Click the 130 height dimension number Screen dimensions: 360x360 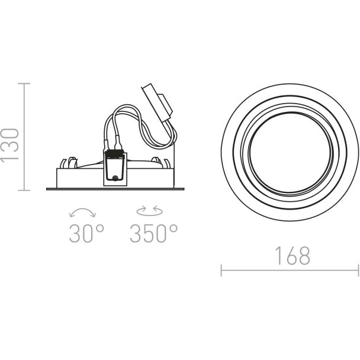[9, 146]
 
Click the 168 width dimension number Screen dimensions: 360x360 [292, 256]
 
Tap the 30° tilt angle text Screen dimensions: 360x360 [86, 233]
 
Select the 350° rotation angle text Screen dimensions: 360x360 [153, 233]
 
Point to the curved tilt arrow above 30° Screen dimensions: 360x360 [82, 210]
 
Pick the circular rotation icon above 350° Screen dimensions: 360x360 [150, 211]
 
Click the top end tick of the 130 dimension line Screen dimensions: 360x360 [24, 83]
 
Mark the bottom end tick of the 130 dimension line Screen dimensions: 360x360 [24, 190]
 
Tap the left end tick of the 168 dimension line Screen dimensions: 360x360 [221, 270]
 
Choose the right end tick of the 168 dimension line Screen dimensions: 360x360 [358, 270]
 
